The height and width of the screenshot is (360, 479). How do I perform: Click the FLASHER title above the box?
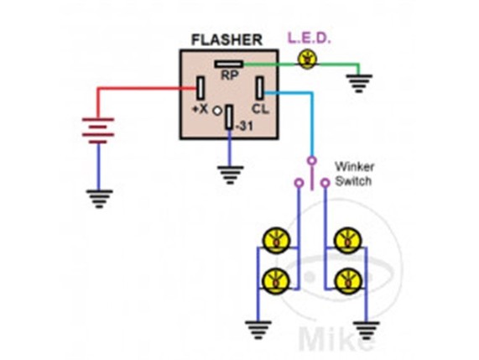[226, 39]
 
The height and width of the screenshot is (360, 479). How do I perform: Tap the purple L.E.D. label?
[310, 38]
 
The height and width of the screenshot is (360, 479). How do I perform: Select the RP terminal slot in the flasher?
[229, 64]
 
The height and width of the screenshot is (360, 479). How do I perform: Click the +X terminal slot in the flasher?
[200, 88]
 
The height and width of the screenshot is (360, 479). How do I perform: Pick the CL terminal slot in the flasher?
[260, 88]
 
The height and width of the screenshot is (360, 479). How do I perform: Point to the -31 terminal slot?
[229, 117]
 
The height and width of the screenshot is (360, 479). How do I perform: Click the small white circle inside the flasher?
[216, 112]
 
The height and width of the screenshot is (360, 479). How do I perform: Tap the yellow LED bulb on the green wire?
[307, 59]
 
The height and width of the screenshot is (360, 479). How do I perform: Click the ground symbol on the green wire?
[359, 83]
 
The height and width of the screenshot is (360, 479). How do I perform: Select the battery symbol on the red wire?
[98, 131]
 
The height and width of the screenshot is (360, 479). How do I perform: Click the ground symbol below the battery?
[99, 199]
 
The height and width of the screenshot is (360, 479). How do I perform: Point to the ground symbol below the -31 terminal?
[231, 175]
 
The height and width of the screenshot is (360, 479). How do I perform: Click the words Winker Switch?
[354, 174]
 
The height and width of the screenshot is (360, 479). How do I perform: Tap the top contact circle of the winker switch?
[311, 160]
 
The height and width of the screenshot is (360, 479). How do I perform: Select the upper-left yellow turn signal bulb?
[277, 240]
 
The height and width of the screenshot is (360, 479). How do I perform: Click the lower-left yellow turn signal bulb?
[277, 281]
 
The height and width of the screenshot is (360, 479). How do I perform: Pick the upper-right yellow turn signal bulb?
[348, 240]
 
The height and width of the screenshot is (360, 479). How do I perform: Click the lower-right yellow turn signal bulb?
[348, 281]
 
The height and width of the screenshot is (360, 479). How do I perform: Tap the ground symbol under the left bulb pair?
[258, 330]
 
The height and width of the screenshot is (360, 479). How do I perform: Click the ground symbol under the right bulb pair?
[367, 331]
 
